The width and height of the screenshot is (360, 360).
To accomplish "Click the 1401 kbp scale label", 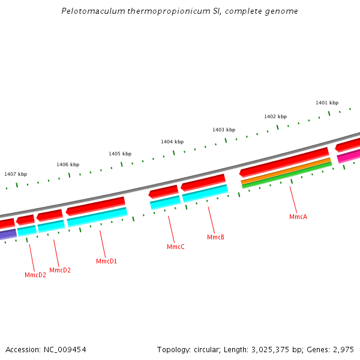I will (327, 103).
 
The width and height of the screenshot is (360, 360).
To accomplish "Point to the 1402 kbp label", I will (275, 116).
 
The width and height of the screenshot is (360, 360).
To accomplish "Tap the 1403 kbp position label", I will (224, 130).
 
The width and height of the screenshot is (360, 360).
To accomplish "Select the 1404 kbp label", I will (172, 142).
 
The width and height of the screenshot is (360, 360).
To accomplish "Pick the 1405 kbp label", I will (120, 154).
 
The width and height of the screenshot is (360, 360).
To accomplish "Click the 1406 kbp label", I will (68, 164).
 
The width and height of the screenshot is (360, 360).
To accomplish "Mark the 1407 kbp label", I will (16, 174).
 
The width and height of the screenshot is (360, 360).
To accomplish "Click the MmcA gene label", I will (298, 217).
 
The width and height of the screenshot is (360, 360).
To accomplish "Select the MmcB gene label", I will (215, 238).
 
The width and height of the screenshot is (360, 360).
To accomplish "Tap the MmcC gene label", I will (175, 247).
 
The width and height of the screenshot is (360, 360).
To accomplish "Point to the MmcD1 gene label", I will (106, 261).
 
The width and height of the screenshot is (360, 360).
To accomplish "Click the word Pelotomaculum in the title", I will (89, 11).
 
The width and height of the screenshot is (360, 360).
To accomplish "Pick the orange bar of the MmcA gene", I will (286, 170).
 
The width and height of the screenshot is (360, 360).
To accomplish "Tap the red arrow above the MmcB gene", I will (203, 181).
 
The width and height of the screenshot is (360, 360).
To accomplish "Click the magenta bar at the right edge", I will (349, 157).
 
